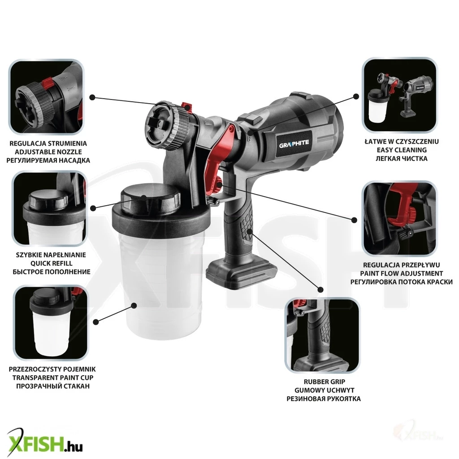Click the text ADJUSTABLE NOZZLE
(48, 152)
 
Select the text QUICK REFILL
(52, 263)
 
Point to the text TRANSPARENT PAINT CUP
(53, 377)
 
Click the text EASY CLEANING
(401, 150)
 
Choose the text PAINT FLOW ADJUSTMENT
(401, 273)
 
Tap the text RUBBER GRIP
(325, 382)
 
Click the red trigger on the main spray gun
(217, 158)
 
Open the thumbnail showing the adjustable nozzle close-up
(46, 97)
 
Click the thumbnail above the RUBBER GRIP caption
(322, 335)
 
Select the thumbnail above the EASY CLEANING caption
(399, 95)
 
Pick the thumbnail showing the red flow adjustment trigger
(399, 219)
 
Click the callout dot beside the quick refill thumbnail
(93, 208)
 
